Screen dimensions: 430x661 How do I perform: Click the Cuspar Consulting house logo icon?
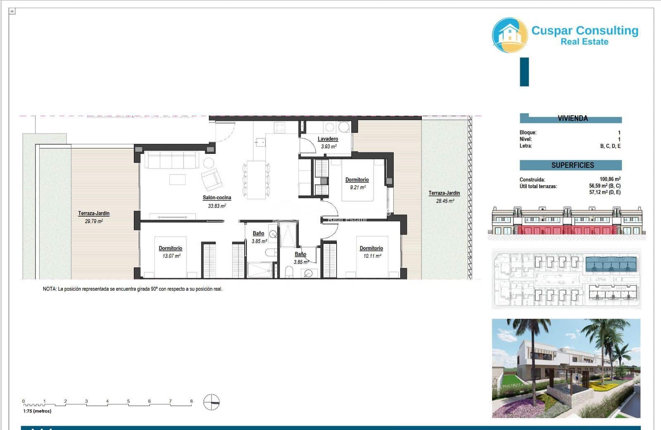(x=510, y=35)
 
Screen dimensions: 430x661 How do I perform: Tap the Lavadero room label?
(x=328, y=139)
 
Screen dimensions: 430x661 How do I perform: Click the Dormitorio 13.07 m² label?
(x=170, y=248)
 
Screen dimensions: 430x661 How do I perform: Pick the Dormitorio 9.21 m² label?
(x=357, y=180)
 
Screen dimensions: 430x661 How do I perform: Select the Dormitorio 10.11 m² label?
(x=371, y=248)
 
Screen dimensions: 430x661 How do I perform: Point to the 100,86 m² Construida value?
(x=610, y=179)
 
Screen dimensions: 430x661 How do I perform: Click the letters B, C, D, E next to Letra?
(x=610, y=146)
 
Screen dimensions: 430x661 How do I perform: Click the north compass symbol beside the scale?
(x=212, y=402)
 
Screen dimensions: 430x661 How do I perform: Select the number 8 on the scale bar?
(x=191, y=401)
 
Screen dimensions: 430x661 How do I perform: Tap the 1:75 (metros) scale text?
(x=37, y=411)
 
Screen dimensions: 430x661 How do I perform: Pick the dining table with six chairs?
(x=256, y=180)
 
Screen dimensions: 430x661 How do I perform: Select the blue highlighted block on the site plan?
(x=611, y=263)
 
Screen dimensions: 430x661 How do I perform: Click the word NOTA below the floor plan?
(x=49, y=289)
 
